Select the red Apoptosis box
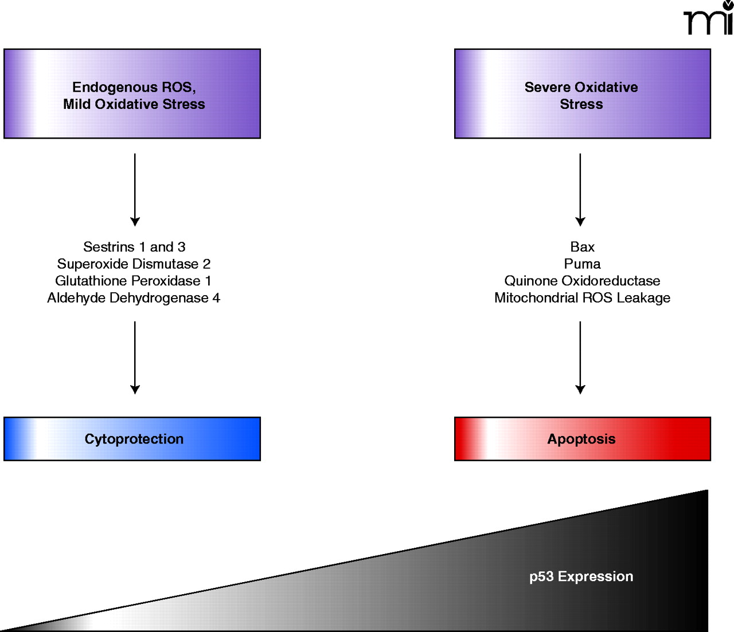pos(582,439)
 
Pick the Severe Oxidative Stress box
pos(582,94)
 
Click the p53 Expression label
pos(581,576)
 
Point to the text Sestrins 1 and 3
pos(134,247)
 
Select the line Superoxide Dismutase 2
pos(134,264)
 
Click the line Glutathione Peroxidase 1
pos(133,281)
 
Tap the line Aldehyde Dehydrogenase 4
pos(134,298)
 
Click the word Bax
pos(582,247)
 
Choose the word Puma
pos(582,264)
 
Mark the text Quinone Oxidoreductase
pos(582,281)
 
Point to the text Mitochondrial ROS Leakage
pos(582,298)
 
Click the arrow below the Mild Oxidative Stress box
pos(135,189)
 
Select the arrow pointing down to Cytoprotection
pos(135,357)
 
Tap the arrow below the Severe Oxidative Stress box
pos(580,189)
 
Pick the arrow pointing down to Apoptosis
pos(580,357)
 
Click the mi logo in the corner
pos(709,19)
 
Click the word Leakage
pos(643,298)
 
